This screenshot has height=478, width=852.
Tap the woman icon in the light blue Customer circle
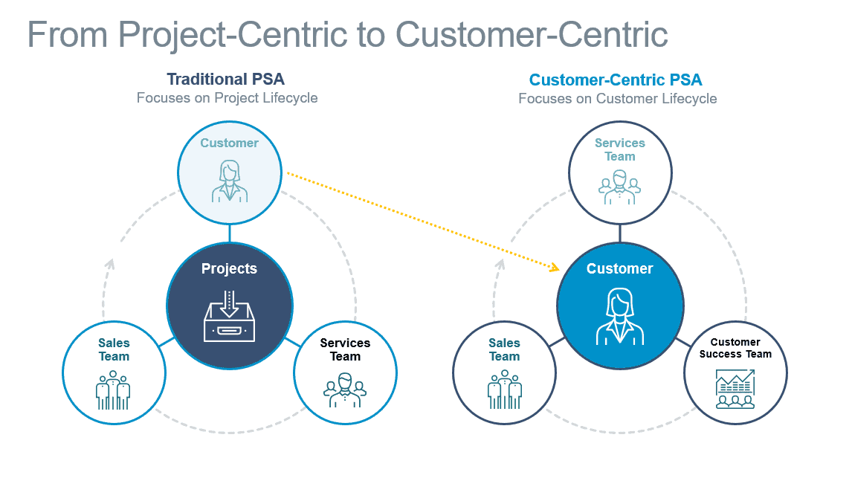(x=230, y=181)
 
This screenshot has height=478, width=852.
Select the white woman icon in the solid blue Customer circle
(x=620, y=317)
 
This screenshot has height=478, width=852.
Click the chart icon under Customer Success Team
(x=735, y=389)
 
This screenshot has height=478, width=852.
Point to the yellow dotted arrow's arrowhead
(x=554, y=267)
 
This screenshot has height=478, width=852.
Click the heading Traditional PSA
(x=225, y=80)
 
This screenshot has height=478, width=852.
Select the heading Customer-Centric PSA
(x=616, y=80)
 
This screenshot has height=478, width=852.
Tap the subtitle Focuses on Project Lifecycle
(x=227, y=98)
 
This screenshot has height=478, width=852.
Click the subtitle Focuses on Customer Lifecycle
(x=618, y=99)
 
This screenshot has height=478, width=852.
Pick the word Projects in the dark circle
(x=229, y=268)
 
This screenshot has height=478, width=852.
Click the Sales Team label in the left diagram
(x=114, y=350)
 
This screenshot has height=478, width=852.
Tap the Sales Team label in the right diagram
(x=504, y=350)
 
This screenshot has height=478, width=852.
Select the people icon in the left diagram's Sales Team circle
(x=113, y=390)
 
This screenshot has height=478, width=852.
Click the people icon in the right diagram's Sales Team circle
(x=505, y=390)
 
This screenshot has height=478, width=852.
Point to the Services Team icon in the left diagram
(x=345, y=390)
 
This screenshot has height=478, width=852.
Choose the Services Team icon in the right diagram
(x=619, y=187)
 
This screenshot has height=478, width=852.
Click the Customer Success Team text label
(x=735, y=348)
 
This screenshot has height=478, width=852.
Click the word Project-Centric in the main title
(x=232, y=35)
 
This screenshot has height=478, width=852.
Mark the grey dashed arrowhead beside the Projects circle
(x=110, y=264)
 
